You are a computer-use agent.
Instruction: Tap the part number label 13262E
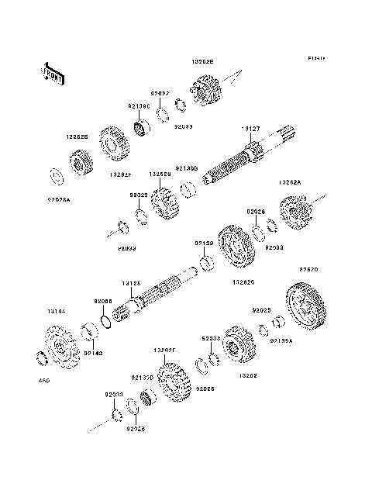pos(203,59)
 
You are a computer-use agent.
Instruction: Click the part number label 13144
pos(57,310)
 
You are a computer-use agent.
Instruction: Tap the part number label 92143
pos(93,353)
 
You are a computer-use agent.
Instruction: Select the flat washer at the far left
pos(57,175)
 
